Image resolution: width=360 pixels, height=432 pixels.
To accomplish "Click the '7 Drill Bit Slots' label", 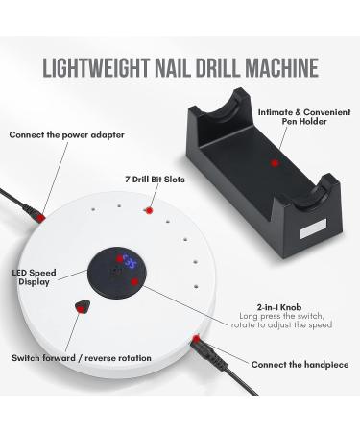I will point(157,180).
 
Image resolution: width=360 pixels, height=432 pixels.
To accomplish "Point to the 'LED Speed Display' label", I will point(36,277).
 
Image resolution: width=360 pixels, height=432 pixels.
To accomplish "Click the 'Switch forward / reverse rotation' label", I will point(81,358).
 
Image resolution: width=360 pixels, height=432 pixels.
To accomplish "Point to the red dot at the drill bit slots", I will point(149,210).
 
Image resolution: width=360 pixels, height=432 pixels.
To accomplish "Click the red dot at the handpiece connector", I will point(196,337).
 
